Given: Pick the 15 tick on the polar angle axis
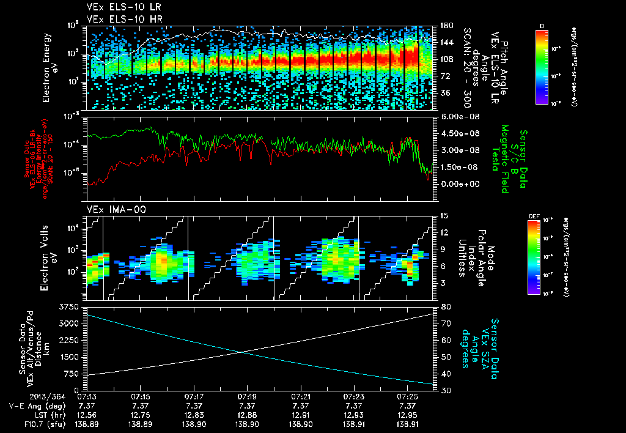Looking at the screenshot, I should click(x=443, y=215).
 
